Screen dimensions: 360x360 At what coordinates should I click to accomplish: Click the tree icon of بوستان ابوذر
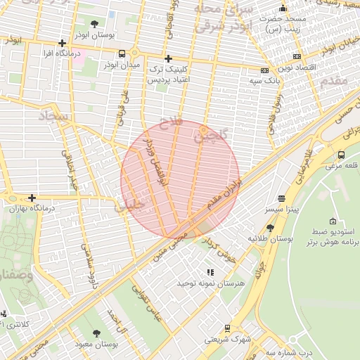(x=95, y=24)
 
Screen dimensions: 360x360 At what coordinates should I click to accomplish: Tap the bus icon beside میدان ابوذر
(x=122, y=53)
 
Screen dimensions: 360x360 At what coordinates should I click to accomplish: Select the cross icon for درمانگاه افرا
(x=63, y=42)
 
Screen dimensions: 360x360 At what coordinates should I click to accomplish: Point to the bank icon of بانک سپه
(x=264, y=70)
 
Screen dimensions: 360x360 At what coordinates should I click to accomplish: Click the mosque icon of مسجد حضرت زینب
(x=283, y=8)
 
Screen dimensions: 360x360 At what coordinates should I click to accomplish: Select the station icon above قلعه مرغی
(x=341, y=155)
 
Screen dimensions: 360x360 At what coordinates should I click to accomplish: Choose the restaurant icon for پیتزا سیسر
(x=281, y=199)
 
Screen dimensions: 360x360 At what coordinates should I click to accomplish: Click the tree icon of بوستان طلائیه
(x=271, y=228)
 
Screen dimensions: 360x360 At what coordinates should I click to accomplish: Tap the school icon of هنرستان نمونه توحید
(x=210, y=272)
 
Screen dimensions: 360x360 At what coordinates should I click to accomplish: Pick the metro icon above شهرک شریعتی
(x=227, y=328)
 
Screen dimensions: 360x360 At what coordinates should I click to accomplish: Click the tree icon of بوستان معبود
(x=96, y=333)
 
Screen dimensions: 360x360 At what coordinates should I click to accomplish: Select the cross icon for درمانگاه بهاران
(x=31, y=198)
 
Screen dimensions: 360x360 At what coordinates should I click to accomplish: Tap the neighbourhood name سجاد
(x=52, y=116)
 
